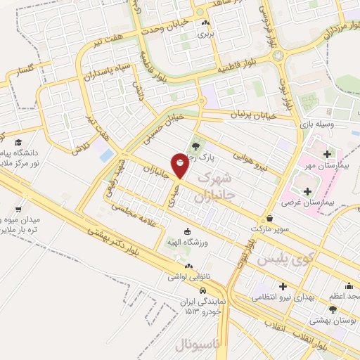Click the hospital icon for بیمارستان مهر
coord(327,153)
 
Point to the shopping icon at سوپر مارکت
coord(271,218)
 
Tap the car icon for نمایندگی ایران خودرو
coord(202,290)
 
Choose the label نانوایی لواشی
coord(188,277)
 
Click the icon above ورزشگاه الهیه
coord(187,233)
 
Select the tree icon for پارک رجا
coord(195,148)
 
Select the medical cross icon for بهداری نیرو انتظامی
coord(283,287)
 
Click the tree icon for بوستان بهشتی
coord(333,308)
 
